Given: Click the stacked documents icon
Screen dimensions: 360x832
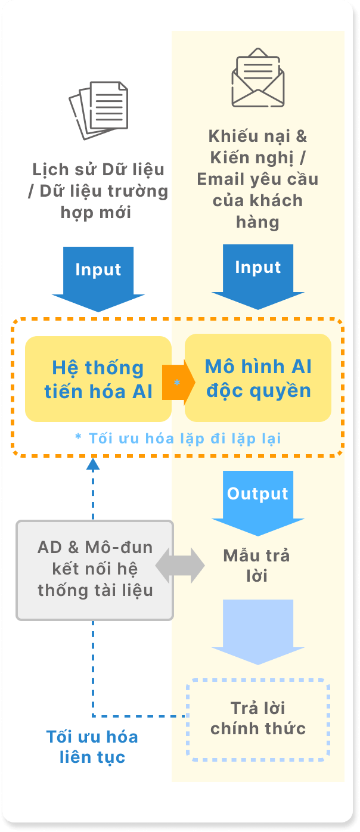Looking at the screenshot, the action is [98, 110].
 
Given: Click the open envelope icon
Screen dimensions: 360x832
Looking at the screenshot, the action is [258, 77].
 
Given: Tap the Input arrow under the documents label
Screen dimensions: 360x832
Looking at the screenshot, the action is [98, 279].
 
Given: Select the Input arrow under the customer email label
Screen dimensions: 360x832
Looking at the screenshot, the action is [258, 277].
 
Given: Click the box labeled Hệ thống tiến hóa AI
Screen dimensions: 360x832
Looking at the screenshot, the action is [98, 379].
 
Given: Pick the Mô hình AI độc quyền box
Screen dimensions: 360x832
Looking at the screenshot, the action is [258, 378].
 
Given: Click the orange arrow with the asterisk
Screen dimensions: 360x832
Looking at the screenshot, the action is [178, 382].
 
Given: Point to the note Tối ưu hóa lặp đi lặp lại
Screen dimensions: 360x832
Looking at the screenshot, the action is [178, 439].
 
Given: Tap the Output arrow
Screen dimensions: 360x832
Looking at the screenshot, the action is [258, 503].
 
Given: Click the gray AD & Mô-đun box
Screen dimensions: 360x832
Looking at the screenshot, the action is [95, 570].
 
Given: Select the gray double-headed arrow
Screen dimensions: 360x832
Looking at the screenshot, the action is [180, 566].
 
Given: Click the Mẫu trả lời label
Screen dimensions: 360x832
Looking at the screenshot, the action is [256, 566].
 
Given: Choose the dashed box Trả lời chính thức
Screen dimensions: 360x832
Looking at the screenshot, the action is [258, 719].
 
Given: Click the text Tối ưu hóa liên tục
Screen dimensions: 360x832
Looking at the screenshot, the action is [92, 747].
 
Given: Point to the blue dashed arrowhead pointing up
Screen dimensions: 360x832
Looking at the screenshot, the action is [93, 464].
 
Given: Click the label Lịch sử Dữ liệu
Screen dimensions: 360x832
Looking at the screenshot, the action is [98, 169].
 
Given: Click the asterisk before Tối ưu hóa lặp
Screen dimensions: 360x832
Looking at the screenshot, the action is [78, 436].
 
